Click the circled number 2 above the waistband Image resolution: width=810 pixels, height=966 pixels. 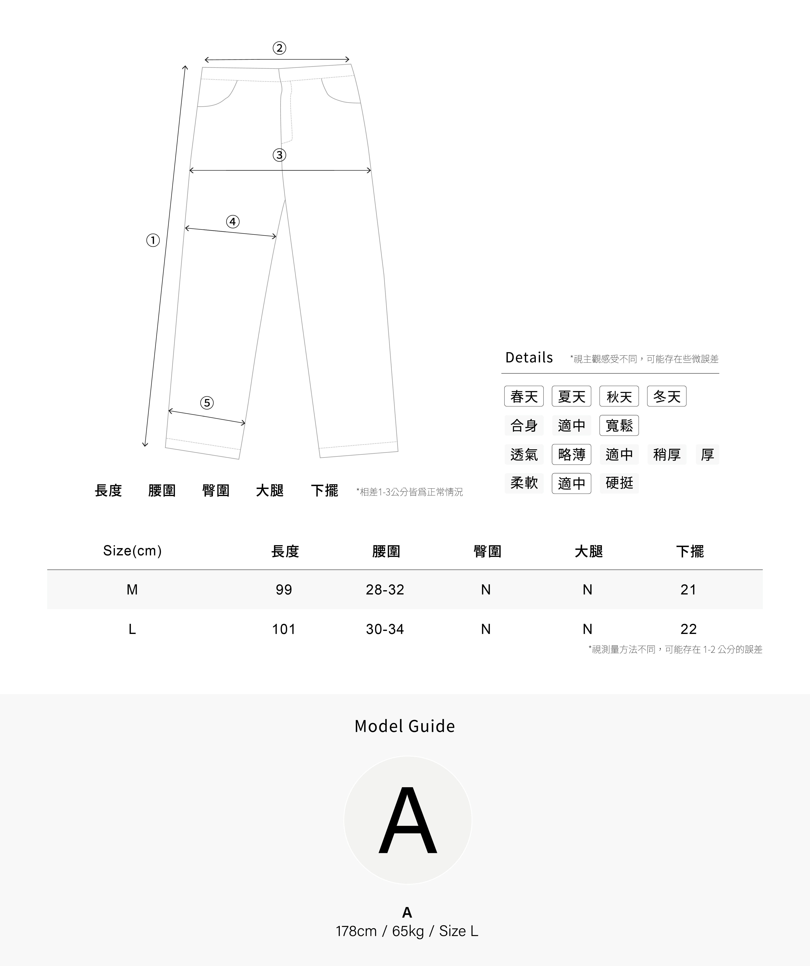coord(279,48)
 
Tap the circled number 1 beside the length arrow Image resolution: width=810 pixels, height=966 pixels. coord(153,240)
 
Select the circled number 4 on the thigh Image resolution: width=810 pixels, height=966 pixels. coord(233,222)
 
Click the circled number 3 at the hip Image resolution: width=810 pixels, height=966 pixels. coord(279,155)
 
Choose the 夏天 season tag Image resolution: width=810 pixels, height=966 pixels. coord(571,396)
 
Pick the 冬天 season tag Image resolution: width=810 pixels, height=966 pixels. coord(666,396)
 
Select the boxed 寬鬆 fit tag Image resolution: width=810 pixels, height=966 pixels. coord(619,426)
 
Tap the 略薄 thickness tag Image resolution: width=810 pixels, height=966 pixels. coord(571,455)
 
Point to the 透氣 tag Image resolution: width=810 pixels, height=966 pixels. coord(524,455)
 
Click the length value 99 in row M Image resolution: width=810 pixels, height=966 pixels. coord(284,590)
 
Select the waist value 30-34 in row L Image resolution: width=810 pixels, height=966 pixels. coord(385,629)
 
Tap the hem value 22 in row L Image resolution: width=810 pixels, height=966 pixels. coord(688,629)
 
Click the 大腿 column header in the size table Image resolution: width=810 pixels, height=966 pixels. coord(588,551)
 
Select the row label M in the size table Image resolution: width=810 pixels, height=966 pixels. coord(132,590)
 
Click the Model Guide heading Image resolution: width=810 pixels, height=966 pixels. coord(405,726)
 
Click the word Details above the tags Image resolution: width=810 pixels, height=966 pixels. coord(529,357)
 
